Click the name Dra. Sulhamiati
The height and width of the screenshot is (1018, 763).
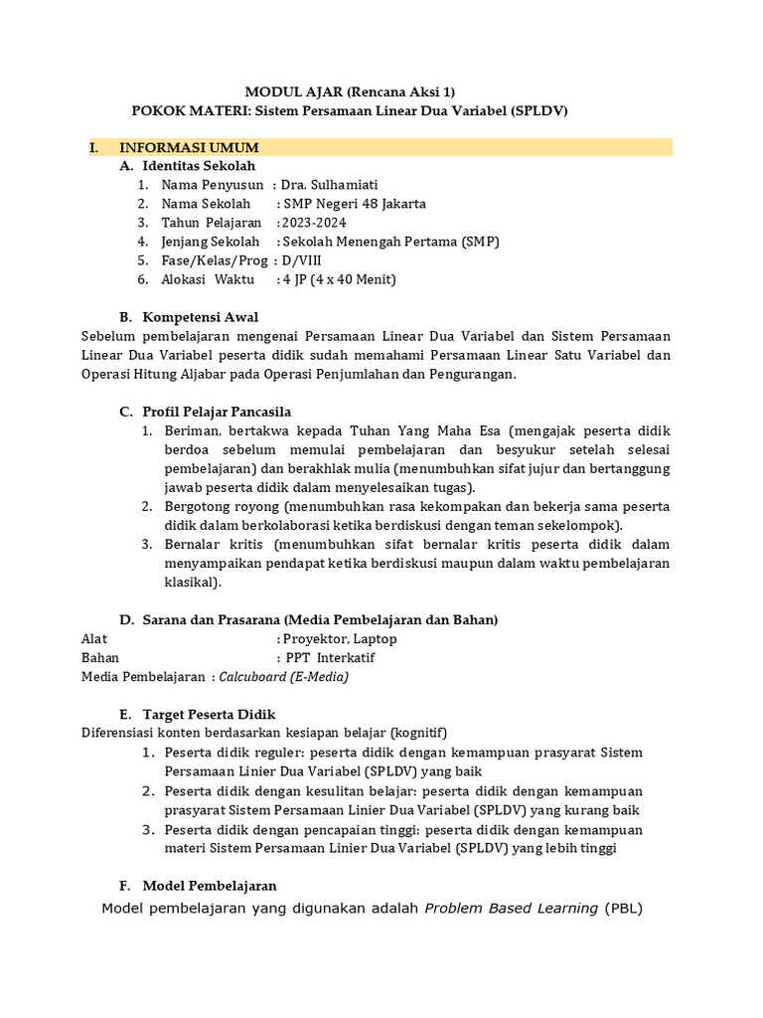pos(329,185)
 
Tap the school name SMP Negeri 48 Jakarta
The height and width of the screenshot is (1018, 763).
pos(355,204)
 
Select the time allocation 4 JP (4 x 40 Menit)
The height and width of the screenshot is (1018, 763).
pos(339,279)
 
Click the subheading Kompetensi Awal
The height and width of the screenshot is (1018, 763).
pos(203,317)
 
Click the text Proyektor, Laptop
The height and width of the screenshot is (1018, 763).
pos(340,639)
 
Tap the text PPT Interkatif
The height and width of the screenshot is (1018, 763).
pos(330,658)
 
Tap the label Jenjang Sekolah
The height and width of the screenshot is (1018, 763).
pos(211,242)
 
